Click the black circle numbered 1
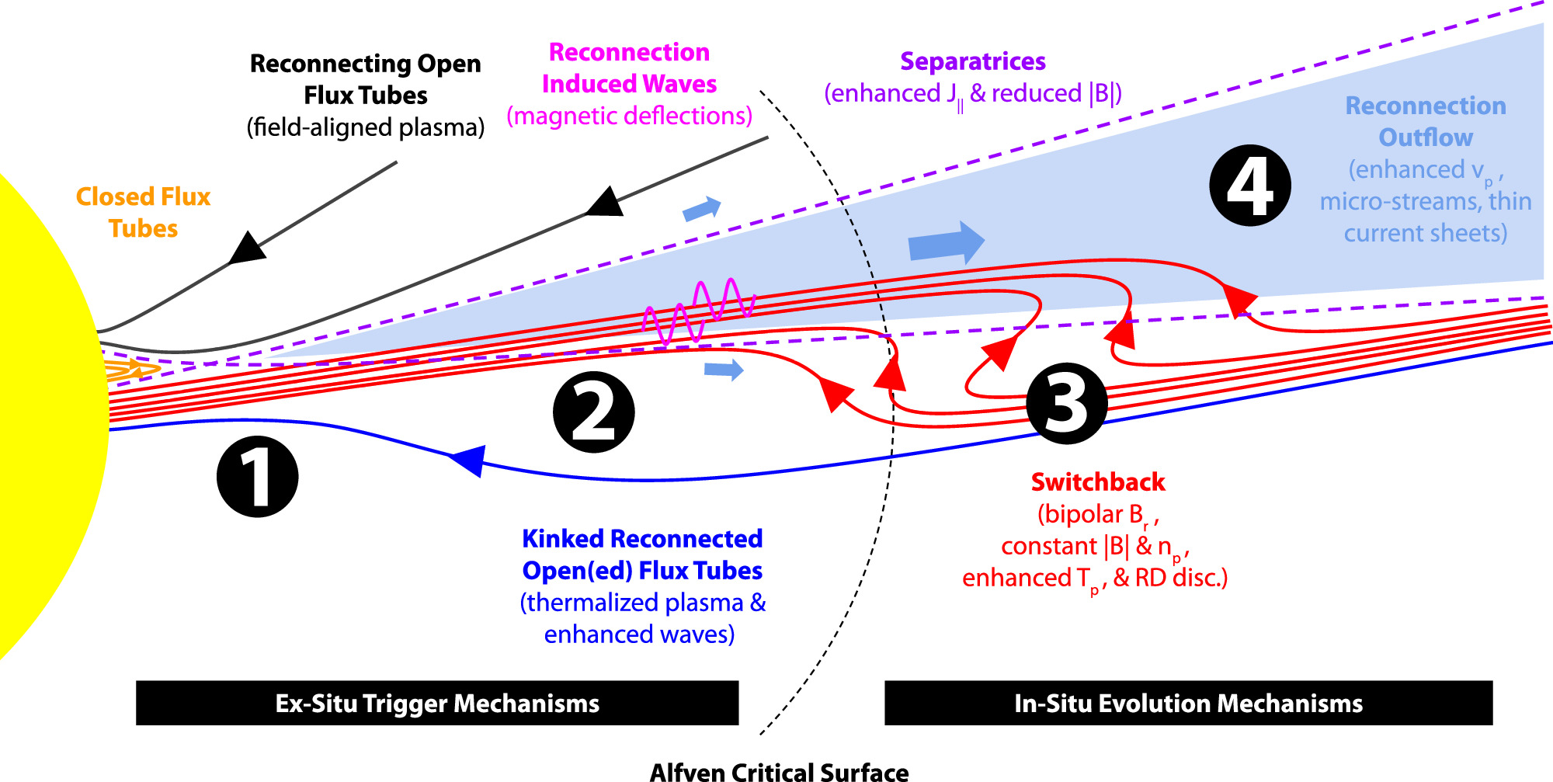point(257,477)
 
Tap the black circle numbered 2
point(593,412)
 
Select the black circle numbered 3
point(1066,404)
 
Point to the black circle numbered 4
point(1249,186)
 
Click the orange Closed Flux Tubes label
point(143,212)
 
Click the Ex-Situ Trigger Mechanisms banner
point(437,704)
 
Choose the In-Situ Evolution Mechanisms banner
point(1188,704)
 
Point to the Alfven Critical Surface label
point(779,772)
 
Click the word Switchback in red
point(1097,482)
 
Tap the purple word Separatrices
point(972,61)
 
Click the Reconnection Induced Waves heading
point(629,68)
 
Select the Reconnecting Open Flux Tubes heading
point(365,78)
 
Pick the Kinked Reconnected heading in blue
point(642,539)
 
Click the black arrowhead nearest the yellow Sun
point(248,249)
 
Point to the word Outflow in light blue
point(1425,137)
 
